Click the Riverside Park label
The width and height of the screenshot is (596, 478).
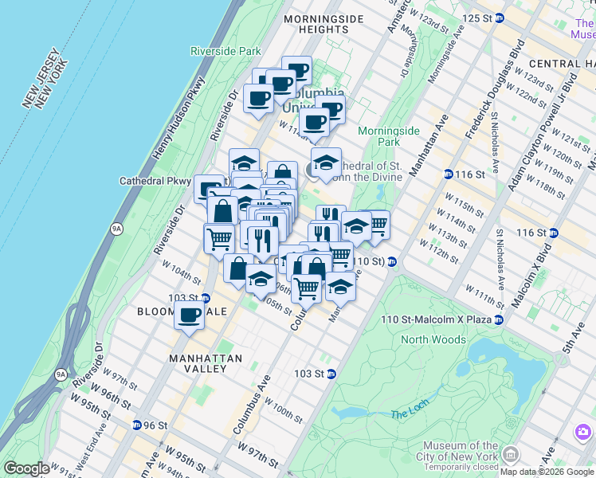click(225, 51)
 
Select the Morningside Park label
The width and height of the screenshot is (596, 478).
click(389, 135)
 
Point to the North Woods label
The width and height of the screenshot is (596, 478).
click(433, 339)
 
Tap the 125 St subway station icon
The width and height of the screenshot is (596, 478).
click(499, 18)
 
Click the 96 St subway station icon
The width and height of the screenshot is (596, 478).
click(138, 425)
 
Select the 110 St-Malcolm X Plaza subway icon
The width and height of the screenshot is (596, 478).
click(498, 319)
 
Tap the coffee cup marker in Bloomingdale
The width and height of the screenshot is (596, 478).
click(189, 315)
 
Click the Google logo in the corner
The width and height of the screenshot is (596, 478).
click(25, 468)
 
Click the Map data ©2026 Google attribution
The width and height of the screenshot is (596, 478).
click(546, 472)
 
